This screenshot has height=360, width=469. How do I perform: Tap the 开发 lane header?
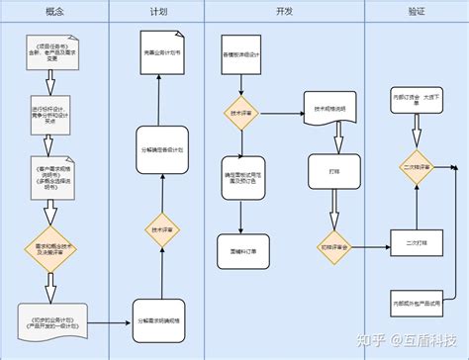pos(284,11)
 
